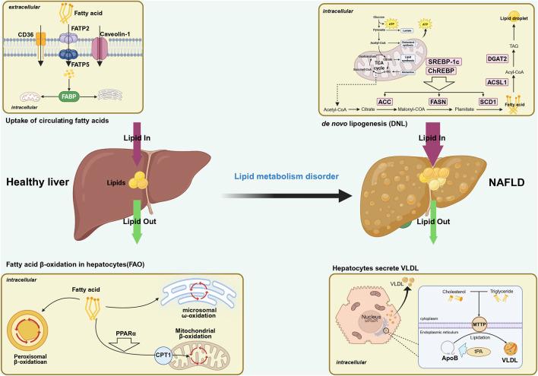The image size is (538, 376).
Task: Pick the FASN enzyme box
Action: (x=410, y=101)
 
